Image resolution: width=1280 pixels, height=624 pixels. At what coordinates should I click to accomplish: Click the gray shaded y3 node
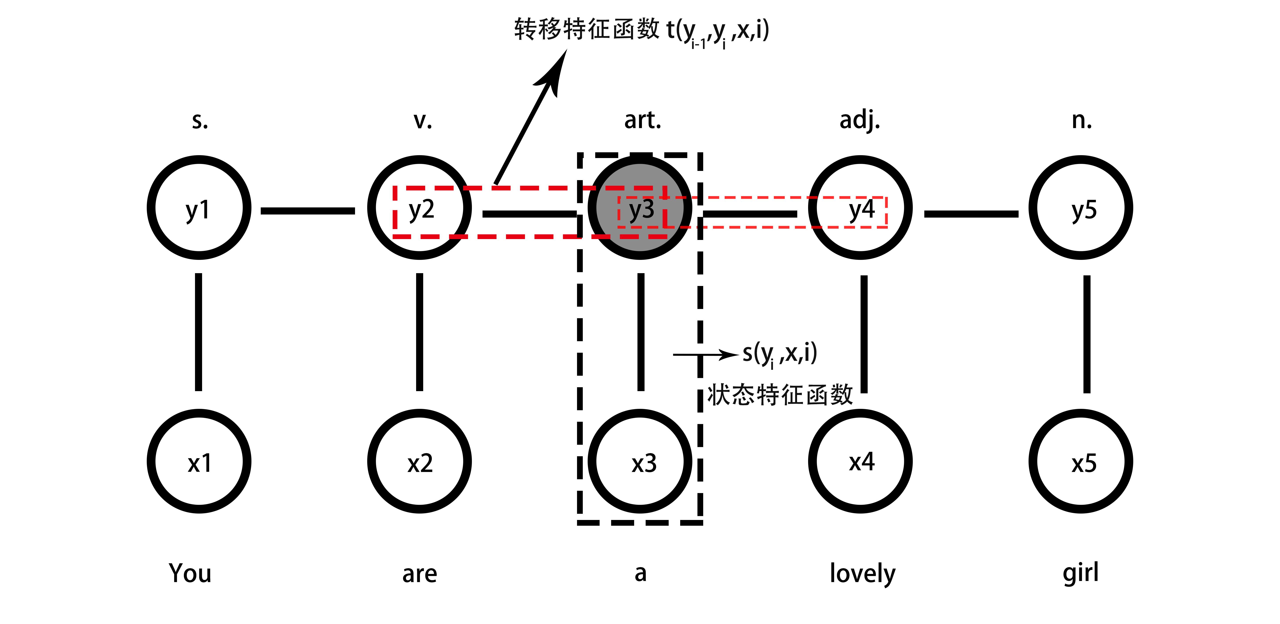pos(640,208)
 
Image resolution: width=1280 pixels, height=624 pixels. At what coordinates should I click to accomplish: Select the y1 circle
pos(199,208)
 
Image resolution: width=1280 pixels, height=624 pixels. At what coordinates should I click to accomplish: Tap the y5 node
pos(1081,208)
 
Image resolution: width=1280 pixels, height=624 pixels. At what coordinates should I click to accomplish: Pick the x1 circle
pos(199,462)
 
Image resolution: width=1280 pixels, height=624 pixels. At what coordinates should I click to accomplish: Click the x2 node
pos(419,462)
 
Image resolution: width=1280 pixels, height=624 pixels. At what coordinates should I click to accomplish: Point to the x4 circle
pos(861,462)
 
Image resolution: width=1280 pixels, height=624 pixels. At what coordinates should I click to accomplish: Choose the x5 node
pos(1081,462)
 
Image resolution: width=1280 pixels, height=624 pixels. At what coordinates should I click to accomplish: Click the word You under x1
pos(190,573)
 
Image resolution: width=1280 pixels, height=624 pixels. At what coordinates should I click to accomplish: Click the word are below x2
pos(419,574)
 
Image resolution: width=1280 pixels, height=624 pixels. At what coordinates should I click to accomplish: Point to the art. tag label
pos(643,120)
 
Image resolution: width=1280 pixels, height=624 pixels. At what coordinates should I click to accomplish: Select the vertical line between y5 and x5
pos(1087,334)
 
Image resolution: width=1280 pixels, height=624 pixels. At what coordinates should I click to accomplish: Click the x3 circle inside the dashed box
pos(640,462)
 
